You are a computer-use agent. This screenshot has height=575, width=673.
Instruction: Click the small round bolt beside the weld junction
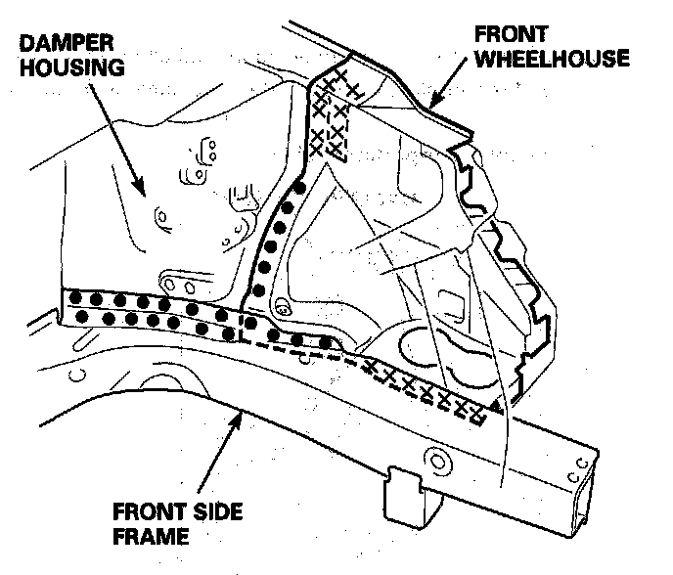pyautogui.click(x=281, y=309)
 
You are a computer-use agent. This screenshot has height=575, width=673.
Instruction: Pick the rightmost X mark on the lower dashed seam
pyautogui.click(x=477, y=414)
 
